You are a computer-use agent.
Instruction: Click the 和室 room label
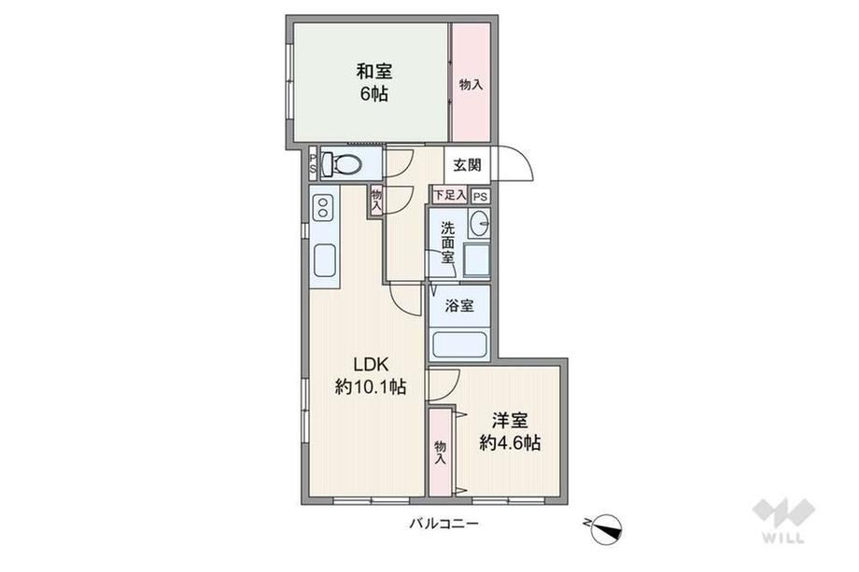tap(374, 71)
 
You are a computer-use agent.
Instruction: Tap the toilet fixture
tap(342, 163)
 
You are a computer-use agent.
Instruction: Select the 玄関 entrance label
tap(467, 164)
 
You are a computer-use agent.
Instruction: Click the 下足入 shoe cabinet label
tap(449, 195)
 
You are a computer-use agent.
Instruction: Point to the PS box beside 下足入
tap(480, 197)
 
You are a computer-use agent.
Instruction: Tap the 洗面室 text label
tap(448, 242)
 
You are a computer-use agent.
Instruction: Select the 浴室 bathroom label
tap(459, 305)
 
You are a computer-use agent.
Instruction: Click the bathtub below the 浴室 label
tap(459, 343)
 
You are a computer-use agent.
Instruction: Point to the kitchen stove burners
tap(323, 208)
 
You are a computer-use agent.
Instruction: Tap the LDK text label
tap(371, 364)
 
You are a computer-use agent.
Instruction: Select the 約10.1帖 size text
tap(371, 387)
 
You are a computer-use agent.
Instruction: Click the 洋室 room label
tap(510, 421)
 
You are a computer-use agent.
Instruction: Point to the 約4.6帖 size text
tap(510, 442)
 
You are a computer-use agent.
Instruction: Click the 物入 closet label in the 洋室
tap(440, 453)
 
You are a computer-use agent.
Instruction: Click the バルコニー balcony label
tap(444, 523)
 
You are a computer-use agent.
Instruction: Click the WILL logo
tap(783, 520)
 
